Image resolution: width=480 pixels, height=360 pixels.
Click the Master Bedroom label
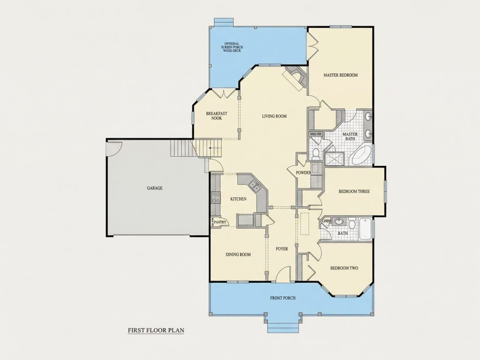(340, 75)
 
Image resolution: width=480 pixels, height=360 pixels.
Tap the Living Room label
(274, 116)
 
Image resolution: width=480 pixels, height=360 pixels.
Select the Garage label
(154, 188)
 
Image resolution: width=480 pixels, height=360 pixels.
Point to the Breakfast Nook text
(216, 116)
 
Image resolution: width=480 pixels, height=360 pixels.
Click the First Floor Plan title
(156, 330)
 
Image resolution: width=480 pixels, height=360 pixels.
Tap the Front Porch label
(283, 298)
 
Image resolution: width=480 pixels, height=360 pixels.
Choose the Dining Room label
(238, 254)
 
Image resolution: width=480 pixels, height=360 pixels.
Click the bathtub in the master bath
(362, 155)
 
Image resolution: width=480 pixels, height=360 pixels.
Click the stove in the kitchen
(216, 197)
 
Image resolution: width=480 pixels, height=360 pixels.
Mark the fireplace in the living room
(295, 78)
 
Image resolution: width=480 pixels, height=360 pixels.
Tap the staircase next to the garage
(196, 148)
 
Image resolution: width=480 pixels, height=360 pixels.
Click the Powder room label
(303, 173)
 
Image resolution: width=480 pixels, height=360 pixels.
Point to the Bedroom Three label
(354, 191)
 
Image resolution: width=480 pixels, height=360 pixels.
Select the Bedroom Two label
(344, 268)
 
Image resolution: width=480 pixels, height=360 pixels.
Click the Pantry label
(220, 222)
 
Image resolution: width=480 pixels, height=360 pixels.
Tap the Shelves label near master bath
(315, 134)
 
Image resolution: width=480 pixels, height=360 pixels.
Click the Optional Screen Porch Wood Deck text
(232, 47)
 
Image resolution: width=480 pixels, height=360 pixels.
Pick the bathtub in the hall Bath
(365, 229)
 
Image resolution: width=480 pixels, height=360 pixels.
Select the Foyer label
(281, 249)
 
